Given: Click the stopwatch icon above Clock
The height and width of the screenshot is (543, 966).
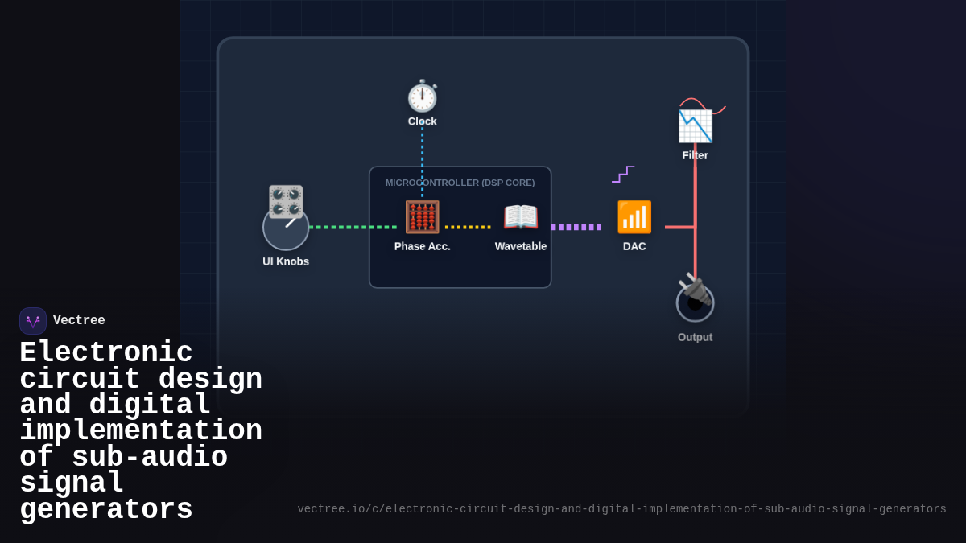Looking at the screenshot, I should (x=422, y=97).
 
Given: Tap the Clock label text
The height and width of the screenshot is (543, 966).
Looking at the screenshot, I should (x=422, y=121).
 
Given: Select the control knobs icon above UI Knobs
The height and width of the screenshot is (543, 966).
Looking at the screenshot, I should (x=286, y=201).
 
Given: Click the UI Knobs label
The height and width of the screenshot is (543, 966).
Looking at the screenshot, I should (x=286, y=261).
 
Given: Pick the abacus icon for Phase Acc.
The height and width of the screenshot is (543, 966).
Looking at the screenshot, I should (x=422, y=217).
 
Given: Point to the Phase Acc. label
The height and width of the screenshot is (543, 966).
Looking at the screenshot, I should (x=422, y=246).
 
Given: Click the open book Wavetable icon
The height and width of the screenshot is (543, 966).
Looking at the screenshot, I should (x=521, y=217).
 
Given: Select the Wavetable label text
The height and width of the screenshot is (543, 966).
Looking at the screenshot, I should (x=521, y=246).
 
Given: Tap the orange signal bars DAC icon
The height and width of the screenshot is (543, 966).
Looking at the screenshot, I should (x=634, y=217).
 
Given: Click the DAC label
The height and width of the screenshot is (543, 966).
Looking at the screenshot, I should (x=634, y=246).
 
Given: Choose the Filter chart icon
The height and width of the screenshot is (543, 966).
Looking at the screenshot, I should (x=695, y=126).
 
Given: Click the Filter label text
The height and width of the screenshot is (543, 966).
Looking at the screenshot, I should (x=695, y=155).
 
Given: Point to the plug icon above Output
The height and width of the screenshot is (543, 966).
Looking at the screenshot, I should (x=693, y=289).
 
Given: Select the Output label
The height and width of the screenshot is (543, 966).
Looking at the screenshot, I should (x=695, y=337).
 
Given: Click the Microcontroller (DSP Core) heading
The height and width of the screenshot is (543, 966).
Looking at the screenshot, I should (x=460, y=183).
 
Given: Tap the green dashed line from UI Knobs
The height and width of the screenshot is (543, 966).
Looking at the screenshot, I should (x=353, y=227).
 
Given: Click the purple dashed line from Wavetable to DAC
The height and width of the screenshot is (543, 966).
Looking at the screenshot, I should (x=576, y=227).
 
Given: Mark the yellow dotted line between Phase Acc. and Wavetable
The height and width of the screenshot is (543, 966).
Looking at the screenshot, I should (x=468, y=227).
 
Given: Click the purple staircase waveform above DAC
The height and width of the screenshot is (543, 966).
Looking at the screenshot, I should (x=623, y=174).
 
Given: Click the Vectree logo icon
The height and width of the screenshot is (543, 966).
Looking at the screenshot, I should (x=33, y=321).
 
